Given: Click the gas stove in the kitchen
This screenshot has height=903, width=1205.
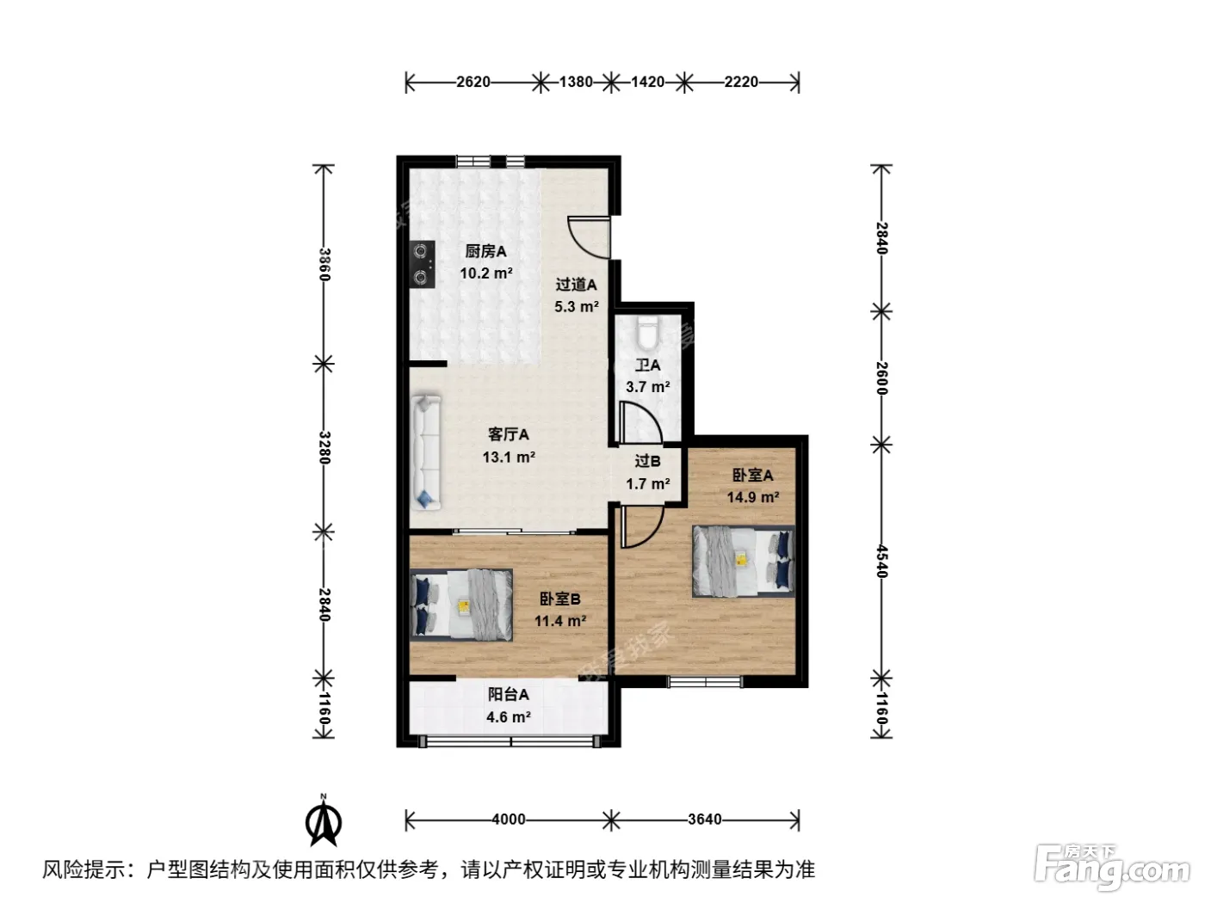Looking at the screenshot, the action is (x=422, y=264).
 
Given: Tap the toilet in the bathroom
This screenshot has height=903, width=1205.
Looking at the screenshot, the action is (x=647, y=332).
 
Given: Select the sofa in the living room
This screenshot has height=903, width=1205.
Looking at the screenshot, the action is (x=426, y=452).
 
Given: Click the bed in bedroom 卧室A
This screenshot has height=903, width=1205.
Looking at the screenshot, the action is (x=744, y=561).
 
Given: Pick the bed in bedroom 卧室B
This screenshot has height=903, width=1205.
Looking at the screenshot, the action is (x=461, y=605).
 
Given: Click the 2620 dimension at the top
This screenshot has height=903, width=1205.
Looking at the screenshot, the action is (x=473, y=83).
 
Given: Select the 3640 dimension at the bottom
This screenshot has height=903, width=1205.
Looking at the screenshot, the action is (x=704, y=820).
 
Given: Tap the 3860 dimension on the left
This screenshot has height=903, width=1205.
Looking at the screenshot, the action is (x=325, y=264).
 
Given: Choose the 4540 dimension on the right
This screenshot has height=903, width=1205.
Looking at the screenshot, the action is (x=882, y=561).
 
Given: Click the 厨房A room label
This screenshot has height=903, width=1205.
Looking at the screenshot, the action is (x=485, y=252).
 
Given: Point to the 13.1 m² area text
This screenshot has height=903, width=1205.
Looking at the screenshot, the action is (x=509, y=457).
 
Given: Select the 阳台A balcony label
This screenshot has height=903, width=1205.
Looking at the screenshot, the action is (x=509, y=695).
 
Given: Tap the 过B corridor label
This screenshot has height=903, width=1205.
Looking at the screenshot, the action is (x=648, y=461).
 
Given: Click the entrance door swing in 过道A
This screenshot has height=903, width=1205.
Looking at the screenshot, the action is (x=589, y=236).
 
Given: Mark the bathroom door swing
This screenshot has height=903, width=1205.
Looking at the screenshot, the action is (x=640, y=422).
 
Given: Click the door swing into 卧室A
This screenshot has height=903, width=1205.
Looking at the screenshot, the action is (x=642, y=526).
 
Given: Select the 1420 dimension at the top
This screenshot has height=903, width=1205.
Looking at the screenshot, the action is (x=648, y=83).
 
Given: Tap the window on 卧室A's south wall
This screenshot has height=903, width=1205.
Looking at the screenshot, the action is (x=705, y=681).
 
